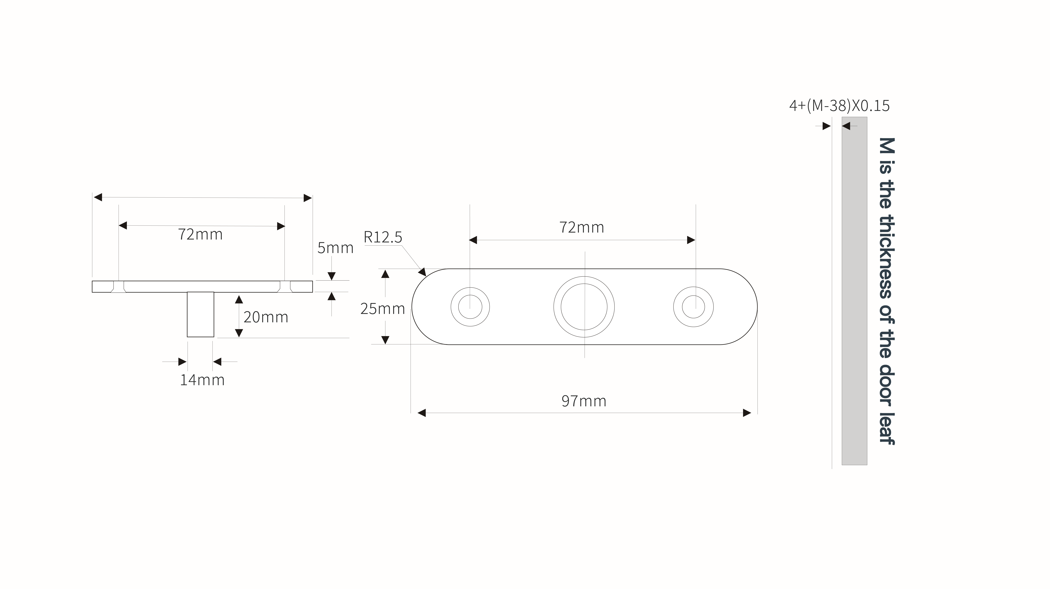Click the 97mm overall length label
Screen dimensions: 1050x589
(584, 401)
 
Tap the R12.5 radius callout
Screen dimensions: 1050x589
(383, 237)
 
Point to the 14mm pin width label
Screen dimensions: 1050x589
(202, 380)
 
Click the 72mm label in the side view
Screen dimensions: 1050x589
(200, 234)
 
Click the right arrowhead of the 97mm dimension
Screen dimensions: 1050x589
(747, 413)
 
